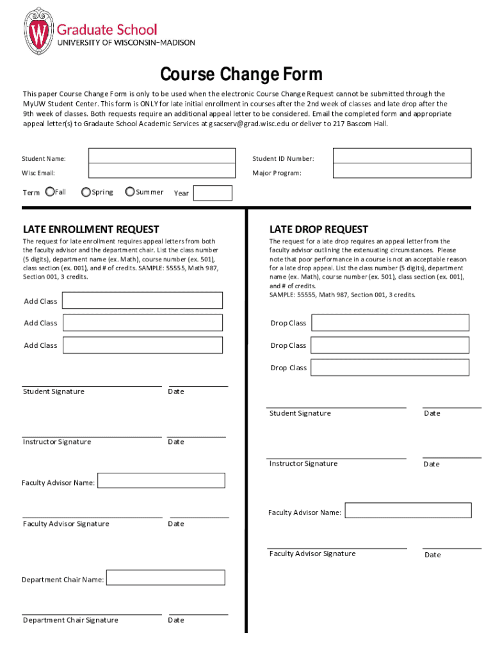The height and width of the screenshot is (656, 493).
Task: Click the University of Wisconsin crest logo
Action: (x=40, y=31)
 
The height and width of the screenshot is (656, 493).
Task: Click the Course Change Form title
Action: (x=241, y=75)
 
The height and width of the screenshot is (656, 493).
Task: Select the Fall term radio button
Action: (x=50, y=192)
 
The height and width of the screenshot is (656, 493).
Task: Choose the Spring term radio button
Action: (x=86, y=192)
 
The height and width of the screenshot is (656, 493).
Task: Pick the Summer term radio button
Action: (x=130, y=192)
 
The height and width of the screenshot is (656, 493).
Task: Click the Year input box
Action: (x=213, y=193)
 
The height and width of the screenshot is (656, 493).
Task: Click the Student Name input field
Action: (x=162, y=156)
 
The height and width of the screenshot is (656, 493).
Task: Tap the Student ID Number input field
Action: (x=402, y=156)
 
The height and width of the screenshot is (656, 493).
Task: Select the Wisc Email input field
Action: (x=162, y=171)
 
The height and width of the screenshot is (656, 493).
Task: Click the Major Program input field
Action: (x=402, y=171)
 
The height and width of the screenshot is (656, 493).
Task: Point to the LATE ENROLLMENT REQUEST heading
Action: (x=91, y=229)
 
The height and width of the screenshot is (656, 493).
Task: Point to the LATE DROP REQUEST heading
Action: (x=319, y=229)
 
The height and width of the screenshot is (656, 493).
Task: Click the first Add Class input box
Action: (x=143, y=300)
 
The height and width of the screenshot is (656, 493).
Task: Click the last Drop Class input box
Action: (x=390, y=368)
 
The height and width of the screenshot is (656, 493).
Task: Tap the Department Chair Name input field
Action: (x=165, y=577)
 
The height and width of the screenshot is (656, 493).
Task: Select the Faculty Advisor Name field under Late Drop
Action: (x=408, y=511)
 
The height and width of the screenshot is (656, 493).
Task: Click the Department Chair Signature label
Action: (x=70, y=620)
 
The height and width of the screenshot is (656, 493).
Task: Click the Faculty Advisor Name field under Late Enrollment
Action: (x=161, y=480)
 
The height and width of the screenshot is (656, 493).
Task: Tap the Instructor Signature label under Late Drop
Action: (x=303, y=464)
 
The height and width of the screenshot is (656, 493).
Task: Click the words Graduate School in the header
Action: (x=107, y=29)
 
